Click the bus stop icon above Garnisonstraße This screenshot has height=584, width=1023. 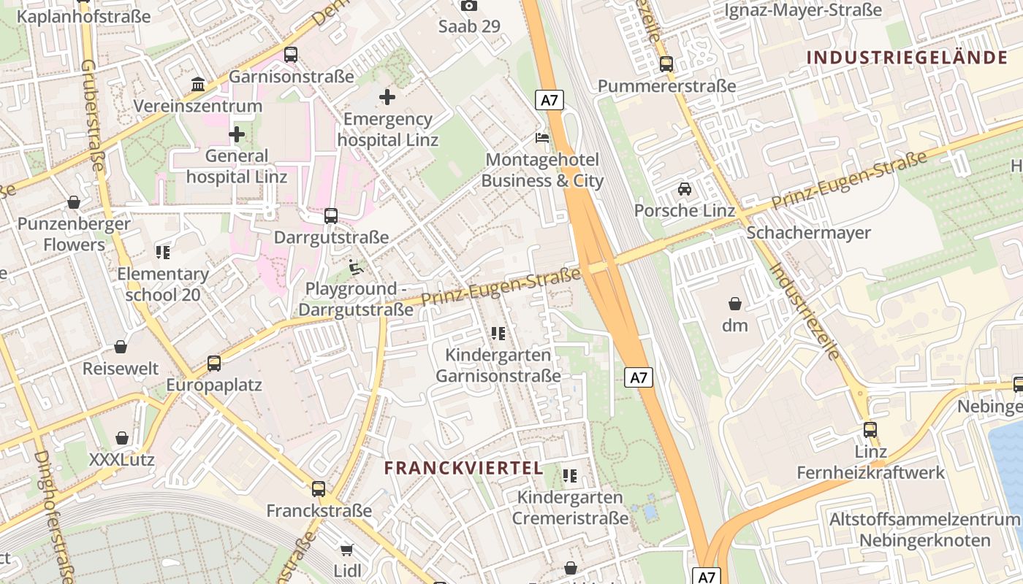(x=291, y=54)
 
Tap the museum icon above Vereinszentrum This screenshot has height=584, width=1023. (x=198, y=85)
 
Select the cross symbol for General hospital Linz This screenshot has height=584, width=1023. (x=236, y=134)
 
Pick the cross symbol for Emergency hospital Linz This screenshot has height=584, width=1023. (x=387, y=96)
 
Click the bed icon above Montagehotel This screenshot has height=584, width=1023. (x=541, y=137)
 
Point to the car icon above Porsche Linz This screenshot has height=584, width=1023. (x=685, y=189)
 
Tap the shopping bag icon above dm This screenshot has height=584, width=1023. (x=735, y=304)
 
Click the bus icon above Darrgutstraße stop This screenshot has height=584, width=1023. (x=331, y=215)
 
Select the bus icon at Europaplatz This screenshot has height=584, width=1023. (x=214, y=363)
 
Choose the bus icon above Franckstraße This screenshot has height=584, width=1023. (x=319, y=489)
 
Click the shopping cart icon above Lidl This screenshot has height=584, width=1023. (x=346, y=549)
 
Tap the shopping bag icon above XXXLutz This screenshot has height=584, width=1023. (x=122, y=438)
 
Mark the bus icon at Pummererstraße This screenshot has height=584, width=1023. (x=666, y=64)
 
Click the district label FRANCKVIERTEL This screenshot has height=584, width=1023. (x=464, y=468)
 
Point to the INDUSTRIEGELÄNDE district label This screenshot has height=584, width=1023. (x=907, y=58)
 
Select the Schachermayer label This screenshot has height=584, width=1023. (x=808, y=233)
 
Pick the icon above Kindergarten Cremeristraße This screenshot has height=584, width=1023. (x=570, y=476)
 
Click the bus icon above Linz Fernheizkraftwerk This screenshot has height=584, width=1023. (x=870, y=430)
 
